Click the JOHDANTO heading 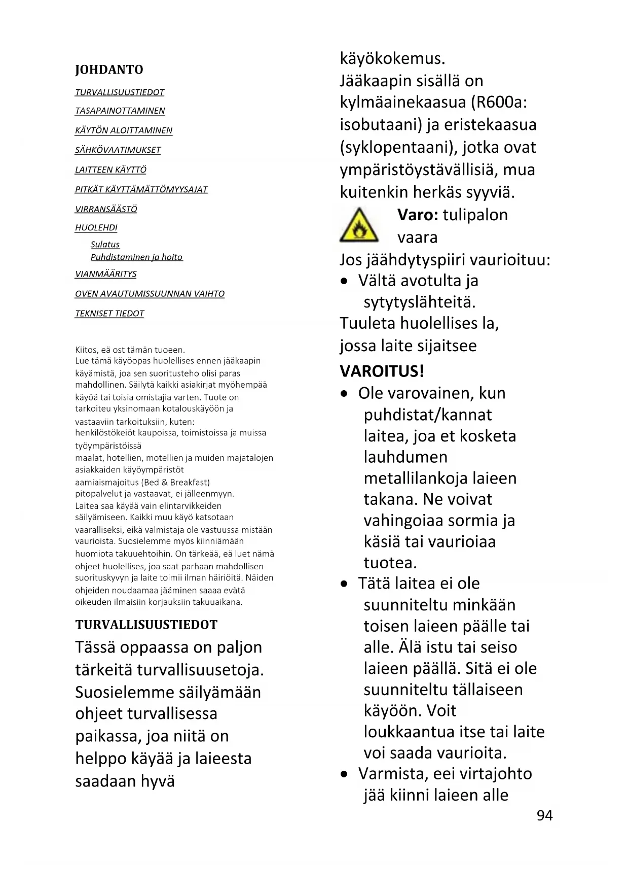click(x=109, y=70)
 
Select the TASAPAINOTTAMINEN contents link click(x=120, y=111)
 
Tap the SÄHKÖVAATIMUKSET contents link click(x=118, y=150)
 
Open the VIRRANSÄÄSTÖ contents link click(x=106, y=209)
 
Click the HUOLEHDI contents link click(x=96, y=228)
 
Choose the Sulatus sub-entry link click(x=105, y=245)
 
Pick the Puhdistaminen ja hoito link click(x=136, y=257)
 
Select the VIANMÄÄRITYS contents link click(x=106, y=274)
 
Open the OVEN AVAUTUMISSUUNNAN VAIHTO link click(x=150, y=294)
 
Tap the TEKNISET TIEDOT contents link click(x=109, y=314)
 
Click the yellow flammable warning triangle click(x=359, y=226)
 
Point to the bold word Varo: click(x=418, y=215)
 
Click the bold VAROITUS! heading click(x=382, y=371)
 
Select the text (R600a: click(x=499, y=102)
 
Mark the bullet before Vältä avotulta click(x=345, y=281)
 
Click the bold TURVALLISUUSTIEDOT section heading click(x=146, y=625)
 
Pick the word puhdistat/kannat click(x=428, y=415)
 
